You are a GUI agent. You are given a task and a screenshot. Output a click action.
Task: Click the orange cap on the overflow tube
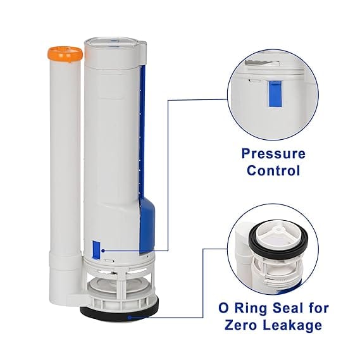pos(65,54)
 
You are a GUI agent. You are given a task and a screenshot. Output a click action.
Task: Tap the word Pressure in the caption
pos(273,154)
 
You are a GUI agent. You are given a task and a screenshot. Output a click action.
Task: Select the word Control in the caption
pos(273,171)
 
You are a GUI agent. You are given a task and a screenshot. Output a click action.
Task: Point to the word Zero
pos(241,325)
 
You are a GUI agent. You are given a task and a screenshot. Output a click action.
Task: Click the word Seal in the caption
pos(288,308)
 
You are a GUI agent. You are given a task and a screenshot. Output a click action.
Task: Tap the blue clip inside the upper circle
pos(275,94)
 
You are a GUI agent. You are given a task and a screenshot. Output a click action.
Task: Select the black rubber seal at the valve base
pos(119,311)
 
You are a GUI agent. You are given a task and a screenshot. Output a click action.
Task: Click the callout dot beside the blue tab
pos(103,251)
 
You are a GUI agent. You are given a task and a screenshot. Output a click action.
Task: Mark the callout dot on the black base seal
pos(129,318)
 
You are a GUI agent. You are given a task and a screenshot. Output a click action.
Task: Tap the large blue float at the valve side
pos(147,226)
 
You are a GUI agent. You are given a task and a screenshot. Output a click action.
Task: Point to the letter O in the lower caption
pos(223,308)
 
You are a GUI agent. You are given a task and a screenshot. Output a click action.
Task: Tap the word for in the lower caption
pos(318,308)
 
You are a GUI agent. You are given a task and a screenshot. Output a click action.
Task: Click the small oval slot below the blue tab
pos(109,261)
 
